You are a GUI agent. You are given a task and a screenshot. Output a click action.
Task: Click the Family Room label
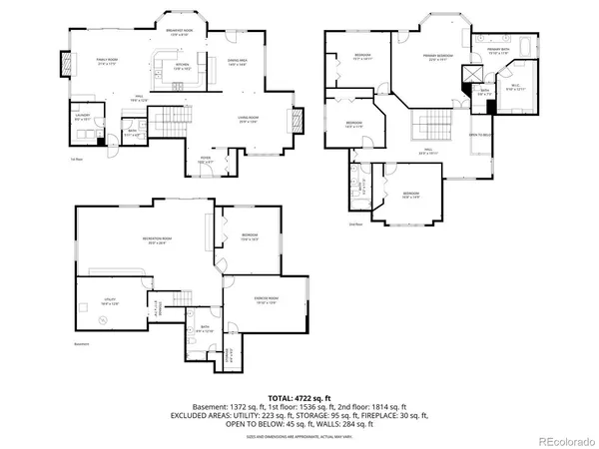pos(107,61)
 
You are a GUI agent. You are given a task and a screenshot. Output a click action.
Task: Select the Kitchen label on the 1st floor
pos(183,66)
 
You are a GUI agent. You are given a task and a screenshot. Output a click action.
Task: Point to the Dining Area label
pos(239,62)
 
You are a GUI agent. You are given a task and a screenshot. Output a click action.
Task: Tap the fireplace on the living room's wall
pos(295,121)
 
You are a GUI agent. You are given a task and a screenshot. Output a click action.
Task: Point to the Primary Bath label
pos(499,51)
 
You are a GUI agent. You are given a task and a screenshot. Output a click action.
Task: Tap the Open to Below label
pos(481,135)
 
